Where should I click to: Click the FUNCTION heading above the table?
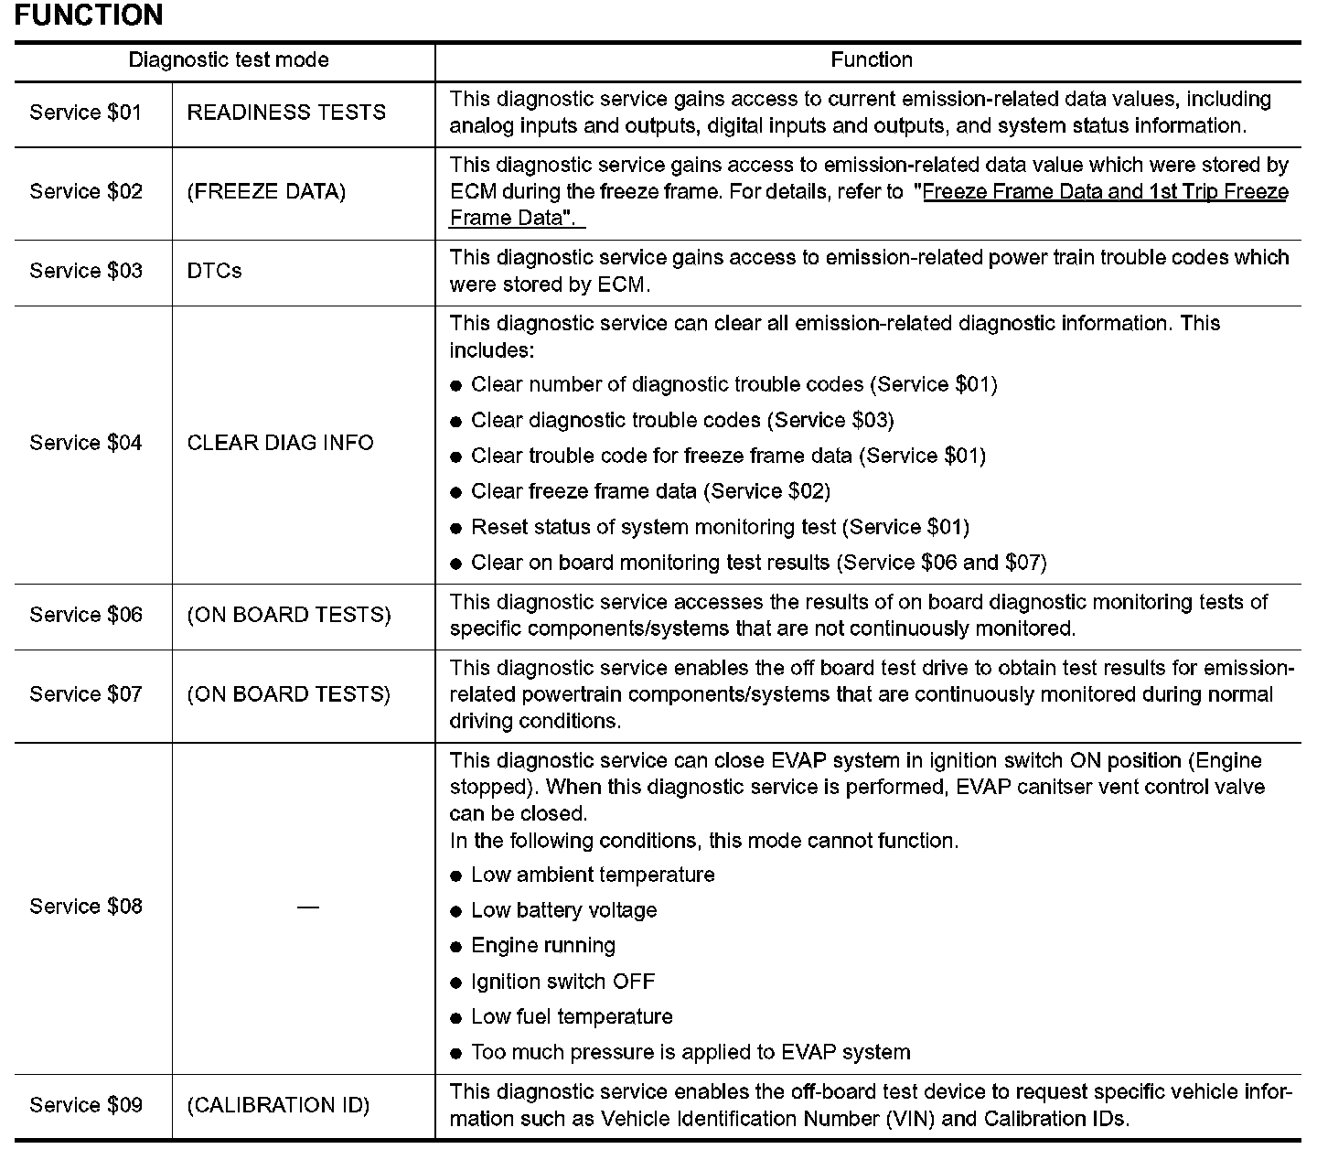pyautogui.click(x=89, y=16)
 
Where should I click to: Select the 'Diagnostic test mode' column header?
pyautogui.click(x=228, y=60)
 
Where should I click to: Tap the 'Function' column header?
pyautogui.click(x=871, y=60)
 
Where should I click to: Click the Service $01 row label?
pyautogui.click(x=86, y=113)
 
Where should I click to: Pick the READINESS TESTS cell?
pyautogui.click(x=286, y=113)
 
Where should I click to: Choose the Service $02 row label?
pyautogui.click(x=86, y=192)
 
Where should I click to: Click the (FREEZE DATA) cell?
pyautogui.click(x=266, y=192)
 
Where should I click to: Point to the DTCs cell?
pyautogui.click(x=214, y=272)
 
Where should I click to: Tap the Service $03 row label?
pyautogui.click(x=86, y=272)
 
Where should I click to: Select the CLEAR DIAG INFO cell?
pyautogui.click(x=280, y=443)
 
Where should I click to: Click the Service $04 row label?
pyautogui.click(x=86, y=443)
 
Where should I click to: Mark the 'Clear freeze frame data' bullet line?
pyautogui.click(x=650, y=491)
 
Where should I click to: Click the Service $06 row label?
pyautogui.click(x=86, y=615)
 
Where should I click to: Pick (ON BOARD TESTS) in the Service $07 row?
pyautogui.click(x=288, y=694)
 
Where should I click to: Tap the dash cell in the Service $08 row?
pyautogui.click(x=308, y=907)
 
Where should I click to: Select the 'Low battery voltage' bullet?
pyautogui.click(x=563, y=910)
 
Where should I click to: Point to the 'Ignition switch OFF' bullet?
pyautogui.click(x=562, y=982)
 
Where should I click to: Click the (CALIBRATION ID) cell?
pyautogui.click(x=278, y=1105)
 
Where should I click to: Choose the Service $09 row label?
pyautogui.click(x=86, y=1105)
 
